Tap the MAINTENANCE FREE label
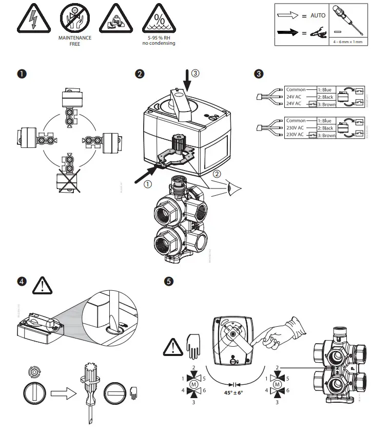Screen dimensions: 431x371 click(x=75, y=41)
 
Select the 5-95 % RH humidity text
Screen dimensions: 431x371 click(x=159, y=38)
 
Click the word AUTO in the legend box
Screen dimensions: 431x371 click(x=318, y=15)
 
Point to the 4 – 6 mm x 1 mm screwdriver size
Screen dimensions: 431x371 click(x=348, y=42)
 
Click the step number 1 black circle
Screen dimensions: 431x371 click(x=21, y=73)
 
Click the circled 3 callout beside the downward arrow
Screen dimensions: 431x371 click(x=195, y=73)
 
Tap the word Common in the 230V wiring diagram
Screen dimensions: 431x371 click(x=296, y=121)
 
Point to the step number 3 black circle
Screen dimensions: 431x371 click(x=259, y=73)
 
